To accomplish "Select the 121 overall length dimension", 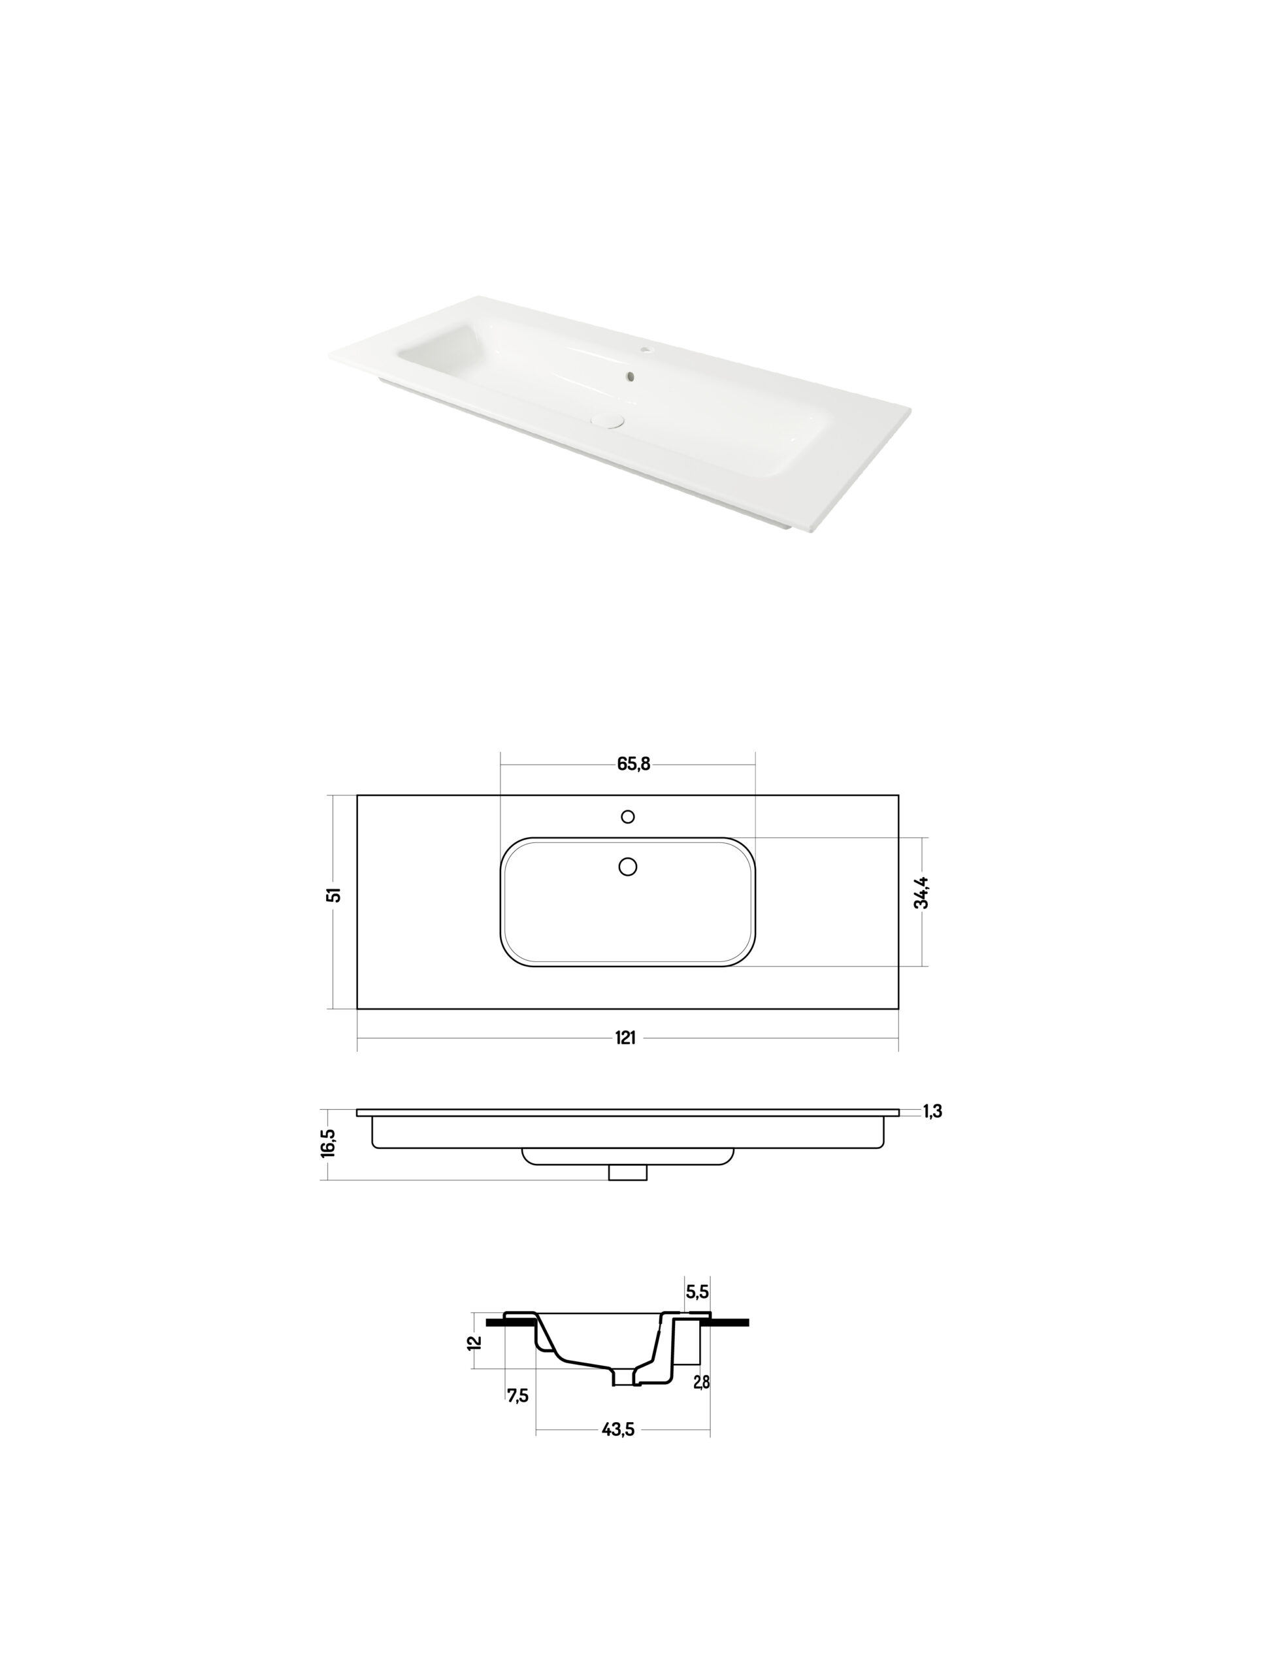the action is [625, 1038].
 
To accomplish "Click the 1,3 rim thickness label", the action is [932, 1111].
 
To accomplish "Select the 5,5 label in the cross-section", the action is [697, 1292].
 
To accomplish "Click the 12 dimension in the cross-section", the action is [475, 1342].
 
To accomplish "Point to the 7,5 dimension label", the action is [518, 1395].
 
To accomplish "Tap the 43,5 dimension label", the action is [619, 1429].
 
